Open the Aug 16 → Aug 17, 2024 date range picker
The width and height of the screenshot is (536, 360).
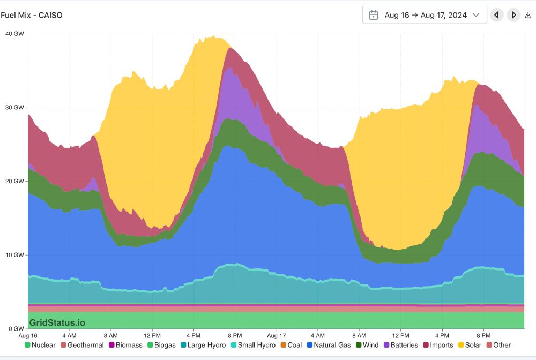pos(425,15)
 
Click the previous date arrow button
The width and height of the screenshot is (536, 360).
pos(497,15)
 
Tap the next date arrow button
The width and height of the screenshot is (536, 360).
pos(513,15)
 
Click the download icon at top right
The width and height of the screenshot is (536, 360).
pos(527,15)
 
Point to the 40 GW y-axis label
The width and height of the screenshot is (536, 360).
pos(14,34)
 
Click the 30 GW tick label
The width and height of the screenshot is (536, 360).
pos(14,108)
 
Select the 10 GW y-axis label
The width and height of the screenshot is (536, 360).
pos(14,255)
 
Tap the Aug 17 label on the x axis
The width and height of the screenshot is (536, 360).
pos(277,335)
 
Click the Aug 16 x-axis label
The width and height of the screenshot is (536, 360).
pos(28,335)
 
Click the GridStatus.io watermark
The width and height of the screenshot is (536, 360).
pos(57,322)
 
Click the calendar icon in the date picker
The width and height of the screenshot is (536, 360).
pos(374,15)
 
